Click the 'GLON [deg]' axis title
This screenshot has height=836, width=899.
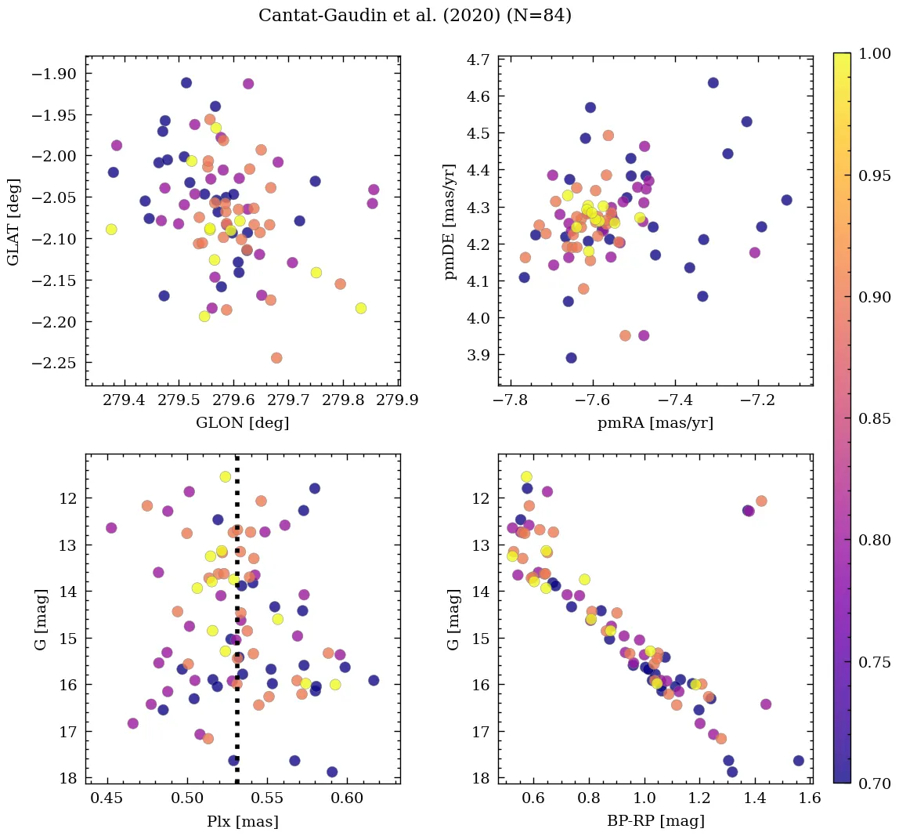pos(242,423)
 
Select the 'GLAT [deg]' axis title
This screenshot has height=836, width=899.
pos(14,222)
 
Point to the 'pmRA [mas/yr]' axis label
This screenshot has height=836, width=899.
pos(655,423)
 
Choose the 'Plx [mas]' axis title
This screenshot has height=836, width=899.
pos(243,821)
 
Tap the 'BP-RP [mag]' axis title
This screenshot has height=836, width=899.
pos(655,821)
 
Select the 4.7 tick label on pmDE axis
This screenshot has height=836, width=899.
pos(478,60)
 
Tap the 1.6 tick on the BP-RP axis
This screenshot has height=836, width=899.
pos(811,799)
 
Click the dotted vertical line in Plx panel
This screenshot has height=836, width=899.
pos(237,627)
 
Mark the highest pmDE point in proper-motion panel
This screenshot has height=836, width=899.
pos(713,83)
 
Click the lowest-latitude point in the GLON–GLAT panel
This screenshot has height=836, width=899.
pos(276,358)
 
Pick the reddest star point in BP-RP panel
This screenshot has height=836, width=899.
pos(799,761)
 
